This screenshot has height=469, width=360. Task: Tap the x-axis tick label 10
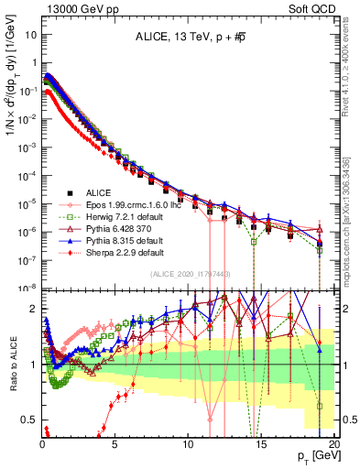coord(188,442)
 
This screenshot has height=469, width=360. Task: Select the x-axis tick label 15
coord(261,442)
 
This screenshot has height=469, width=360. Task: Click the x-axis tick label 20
coord(333,442)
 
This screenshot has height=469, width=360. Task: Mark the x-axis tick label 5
coord(115,442)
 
